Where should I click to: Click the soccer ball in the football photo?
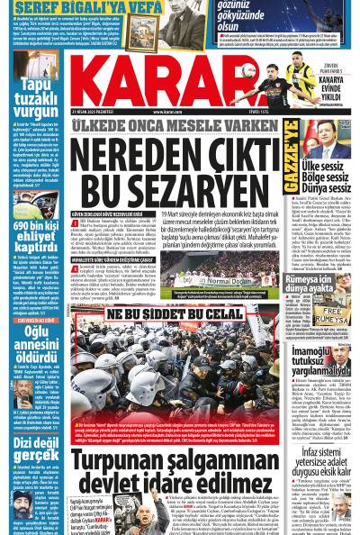pos(247,68)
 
